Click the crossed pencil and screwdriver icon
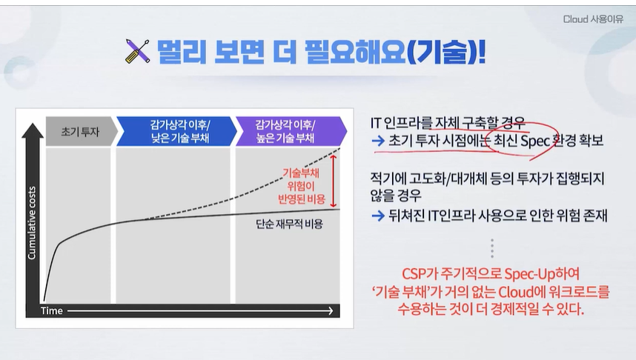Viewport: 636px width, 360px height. coord(137,50)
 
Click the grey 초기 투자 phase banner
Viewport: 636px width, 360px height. coord(81,131)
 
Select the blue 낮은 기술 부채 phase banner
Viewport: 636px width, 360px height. coord(177,131)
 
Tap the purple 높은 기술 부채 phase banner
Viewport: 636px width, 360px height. coord(291,131)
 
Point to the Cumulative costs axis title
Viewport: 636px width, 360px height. coord(32,223)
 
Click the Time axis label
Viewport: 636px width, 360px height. coord(51,311)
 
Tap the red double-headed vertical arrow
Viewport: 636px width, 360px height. coord(334,181)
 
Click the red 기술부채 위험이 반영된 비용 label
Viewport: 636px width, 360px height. coord(302,186)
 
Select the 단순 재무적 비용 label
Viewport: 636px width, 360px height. coord(289,224)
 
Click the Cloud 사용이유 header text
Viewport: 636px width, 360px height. coord(593,19)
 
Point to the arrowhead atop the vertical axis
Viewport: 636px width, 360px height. coord(33,130)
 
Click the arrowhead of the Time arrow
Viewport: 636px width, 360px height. coord(330,311)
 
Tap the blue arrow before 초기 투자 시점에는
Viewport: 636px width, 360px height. coord(378,141)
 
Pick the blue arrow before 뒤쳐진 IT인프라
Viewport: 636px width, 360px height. coord(378,216)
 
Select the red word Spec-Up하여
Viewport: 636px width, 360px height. coord(542,274)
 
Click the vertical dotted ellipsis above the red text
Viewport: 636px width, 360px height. coord(492,248)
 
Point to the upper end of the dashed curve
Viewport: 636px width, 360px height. coord(339,149)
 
